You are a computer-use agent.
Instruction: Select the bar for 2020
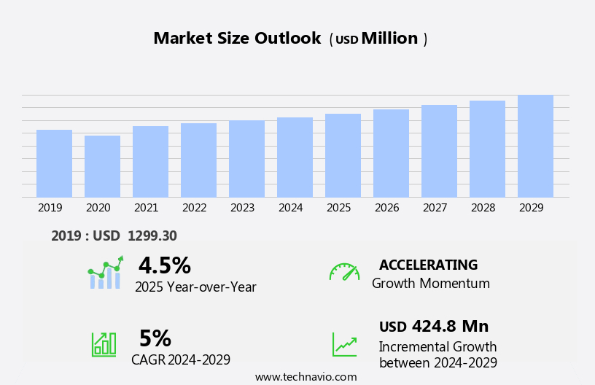click(102, 166)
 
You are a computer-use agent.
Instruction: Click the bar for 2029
click(535, 146)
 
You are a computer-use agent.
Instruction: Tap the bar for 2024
click(295, 157)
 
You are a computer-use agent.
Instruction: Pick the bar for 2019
click(54, 163)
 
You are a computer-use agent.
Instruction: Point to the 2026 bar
click(391, 153)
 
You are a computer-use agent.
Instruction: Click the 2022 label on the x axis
click(194, 208)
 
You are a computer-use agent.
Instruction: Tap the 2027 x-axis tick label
click(435, 208)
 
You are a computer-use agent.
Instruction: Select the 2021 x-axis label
click(146, 208)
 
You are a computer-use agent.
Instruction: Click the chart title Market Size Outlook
click(237, 39)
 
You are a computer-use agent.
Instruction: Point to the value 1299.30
click(152, 236)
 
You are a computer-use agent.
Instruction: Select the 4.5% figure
click(164, 265)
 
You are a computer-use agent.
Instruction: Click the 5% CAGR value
click(155, 338)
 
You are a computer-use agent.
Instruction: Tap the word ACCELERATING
click(428, 265)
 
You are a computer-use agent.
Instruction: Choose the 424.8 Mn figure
click(450, 326)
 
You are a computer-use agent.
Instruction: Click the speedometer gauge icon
click(344, 272)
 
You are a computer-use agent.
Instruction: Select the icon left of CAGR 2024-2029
click(104, 343)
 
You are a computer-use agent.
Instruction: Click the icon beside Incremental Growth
click(344, 344)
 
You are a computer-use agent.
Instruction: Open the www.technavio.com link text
click(306, 377)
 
